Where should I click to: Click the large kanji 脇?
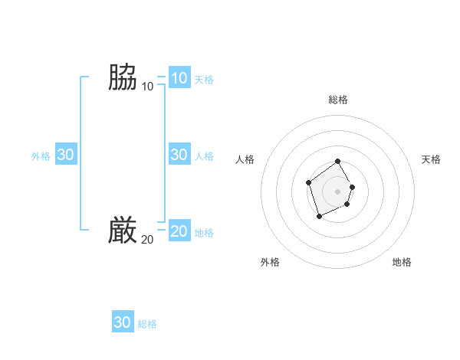tap(123, 77)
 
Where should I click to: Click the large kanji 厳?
tap(123, 231)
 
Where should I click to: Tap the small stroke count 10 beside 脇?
tap(147, 87)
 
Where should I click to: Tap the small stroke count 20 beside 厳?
tap(147, 240)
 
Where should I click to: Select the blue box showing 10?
tap(179, 78)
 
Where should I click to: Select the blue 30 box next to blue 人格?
tap(179, 155)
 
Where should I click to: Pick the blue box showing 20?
tap(179, 231)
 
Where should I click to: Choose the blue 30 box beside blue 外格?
tap(65, 155)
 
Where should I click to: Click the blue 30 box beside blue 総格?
tap(123, 322)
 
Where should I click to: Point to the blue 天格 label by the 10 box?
tap(204, 80)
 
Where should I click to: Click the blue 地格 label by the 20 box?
tap(204, 233)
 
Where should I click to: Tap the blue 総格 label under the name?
tap(147, 324)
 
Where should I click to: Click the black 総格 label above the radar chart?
tap(338, 100)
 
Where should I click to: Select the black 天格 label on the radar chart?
tap(432, 159)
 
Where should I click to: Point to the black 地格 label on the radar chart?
tap(402, 262)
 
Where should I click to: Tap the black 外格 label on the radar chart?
tap(270, 262)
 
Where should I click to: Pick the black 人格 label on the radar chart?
tap(245, 159)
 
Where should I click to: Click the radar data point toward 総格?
tap(338, 162)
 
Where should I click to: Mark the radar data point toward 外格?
tap(320, 216)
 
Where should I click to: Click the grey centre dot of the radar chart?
tap(338, 191)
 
